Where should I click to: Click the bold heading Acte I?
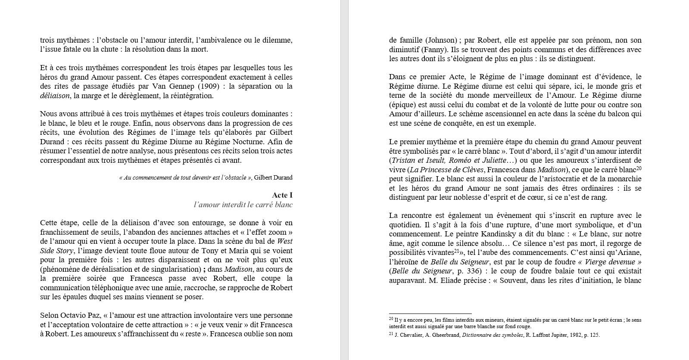tap(282, 195)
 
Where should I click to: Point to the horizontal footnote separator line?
tap(430, 313)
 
